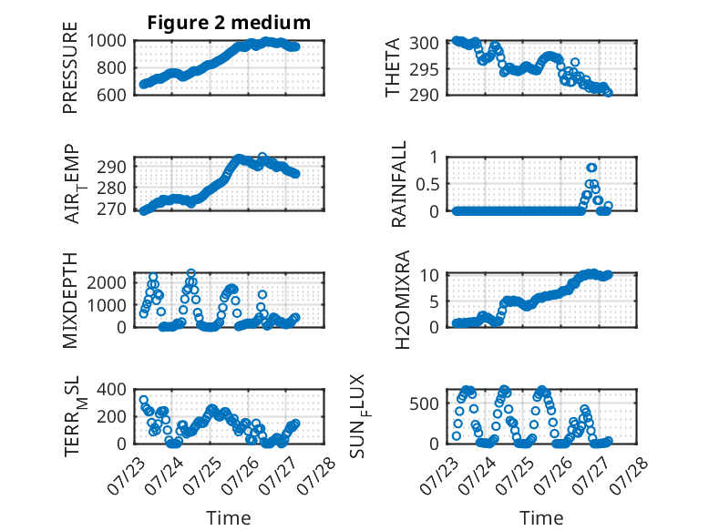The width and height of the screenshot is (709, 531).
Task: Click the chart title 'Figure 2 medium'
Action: (x=229, y=23)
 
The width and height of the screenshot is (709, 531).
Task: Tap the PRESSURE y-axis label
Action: (x=70, y=67)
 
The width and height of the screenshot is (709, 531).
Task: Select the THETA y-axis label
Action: (x=393, y=67)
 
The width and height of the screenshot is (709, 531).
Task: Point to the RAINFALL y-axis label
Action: (x=399, y=184)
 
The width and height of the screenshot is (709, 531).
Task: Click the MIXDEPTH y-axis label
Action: (x=70, y=301)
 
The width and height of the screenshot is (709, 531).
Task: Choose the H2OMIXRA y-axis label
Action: (x=402, y=300)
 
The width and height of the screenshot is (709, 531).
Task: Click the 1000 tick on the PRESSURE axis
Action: (x=107, y=41)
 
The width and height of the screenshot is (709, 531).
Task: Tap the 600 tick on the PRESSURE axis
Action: (x=111, y=96)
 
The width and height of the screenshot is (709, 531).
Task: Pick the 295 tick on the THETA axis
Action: (x=424, y=69)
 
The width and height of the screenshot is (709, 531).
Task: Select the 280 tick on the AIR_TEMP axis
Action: (x=111, y=188)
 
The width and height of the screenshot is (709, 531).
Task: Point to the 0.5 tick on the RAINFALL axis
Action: (x=427, y=184)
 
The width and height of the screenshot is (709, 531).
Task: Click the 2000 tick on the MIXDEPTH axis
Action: (x=107, y=283)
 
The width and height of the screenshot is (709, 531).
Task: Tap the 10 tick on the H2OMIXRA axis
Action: (x=429, y=275)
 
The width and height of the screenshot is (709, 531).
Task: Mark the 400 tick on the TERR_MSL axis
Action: (x=111, y=389)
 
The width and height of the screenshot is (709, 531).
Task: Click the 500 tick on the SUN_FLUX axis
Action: (x=424, y=403)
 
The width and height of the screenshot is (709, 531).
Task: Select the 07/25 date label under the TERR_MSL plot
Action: (x=201, y=475)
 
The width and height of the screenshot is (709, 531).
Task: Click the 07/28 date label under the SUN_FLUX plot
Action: (x=629, y=475)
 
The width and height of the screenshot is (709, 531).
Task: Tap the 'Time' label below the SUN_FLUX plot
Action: (x=541, y=518)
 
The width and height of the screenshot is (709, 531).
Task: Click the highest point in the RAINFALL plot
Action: (x=591, y=168)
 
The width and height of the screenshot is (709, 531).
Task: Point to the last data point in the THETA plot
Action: (x=608, y=93)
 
